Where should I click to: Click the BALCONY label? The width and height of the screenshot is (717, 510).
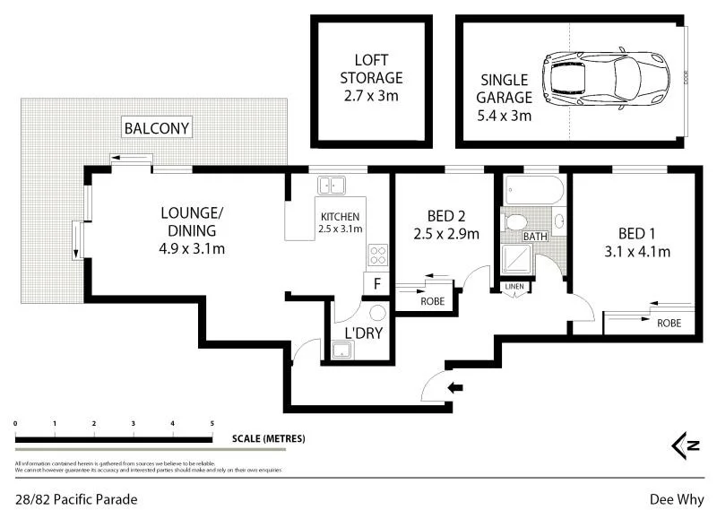tap(157, 128)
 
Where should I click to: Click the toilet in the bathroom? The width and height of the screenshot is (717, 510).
tap(516, 221)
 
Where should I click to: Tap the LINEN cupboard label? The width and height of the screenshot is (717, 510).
tap(514, 287)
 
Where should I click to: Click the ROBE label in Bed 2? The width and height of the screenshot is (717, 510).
tap(432, 302)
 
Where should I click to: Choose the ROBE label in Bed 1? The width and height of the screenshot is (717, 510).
tap(668, 323)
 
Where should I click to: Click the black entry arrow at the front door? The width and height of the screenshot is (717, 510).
tap(456, 388)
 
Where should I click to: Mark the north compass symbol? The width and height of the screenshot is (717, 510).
tap(686, 445)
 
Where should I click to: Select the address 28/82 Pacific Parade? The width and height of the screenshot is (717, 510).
tap(76, 498)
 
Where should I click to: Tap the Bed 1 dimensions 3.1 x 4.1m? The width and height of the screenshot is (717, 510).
tap(637, 252)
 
